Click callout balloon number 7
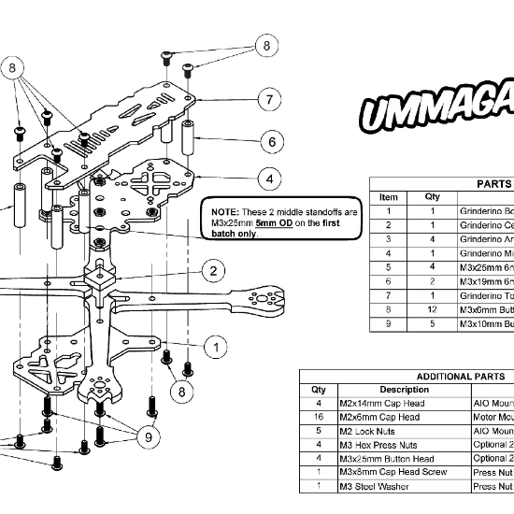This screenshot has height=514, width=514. [x=268, y=99]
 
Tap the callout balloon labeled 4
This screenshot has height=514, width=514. [x=269, y=178]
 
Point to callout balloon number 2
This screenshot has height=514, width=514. [x=214, y=272]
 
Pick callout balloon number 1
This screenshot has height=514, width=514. [x=215, y=348]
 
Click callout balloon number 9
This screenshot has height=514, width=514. [x=148, y=435]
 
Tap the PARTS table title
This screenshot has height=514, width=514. [x=493, y=183]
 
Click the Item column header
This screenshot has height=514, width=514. [x=389, y=197]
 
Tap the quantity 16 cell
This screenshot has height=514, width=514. [x=319, y=418]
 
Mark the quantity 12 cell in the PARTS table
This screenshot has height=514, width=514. [x=433, y=309]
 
